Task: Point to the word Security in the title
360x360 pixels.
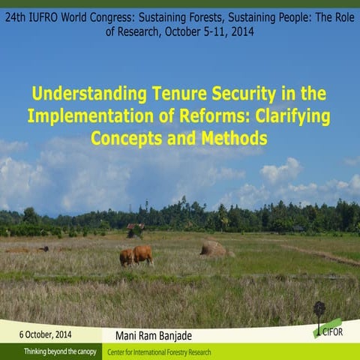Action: tap(253, 95)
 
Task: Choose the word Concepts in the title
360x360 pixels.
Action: tap(125, 139)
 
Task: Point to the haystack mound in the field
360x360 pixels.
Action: tap(214, 248)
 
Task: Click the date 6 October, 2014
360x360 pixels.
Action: tap(46, 334)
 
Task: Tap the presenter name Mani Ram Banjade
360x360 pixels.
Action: tap(158, 334)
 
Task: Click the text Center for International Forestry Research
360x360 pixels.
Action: tap(159, 352)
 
